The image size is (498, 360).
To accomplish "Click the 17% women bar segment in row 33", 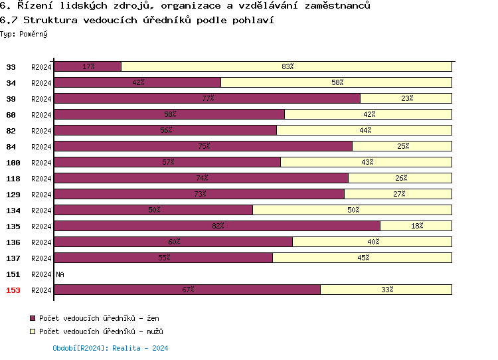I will pos(87,66).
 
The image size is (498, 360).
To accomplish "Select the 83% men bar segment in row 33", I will pos(286,66).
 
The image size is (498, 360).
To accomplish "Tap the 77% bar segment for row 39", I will pos(207,98).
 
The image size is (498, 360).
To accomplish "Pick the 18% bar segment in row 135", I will pos(416,226).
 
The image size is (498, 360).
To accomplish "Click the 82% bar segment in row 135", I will pos(216,226).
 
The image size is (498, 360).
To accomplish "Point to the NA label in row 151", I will pos(60,274).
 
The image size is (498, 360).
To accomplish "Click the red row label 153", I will pos(13,290).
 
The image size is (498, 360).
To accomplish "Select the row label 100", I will pos(13,163).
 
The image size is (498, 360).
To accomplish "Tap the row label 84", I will pos(11,147).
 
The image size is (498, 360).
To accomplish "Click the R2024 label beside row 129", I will pos(41,195).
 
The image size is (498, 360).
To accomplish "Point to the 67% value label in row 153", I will pos(187,290).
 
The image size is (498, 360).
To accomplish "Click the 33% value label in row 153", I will pos(386,290).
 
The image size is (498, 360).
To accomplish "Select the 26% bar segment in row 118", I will pos(400,178).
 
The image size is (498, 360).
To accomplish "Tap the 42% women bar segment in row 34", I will pos(137,82).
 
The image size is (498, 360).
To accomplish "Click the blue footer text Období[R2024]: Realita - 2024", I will pos(110,348).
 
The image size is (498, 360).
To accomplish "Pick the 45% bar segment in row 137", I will pos(362,258).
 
